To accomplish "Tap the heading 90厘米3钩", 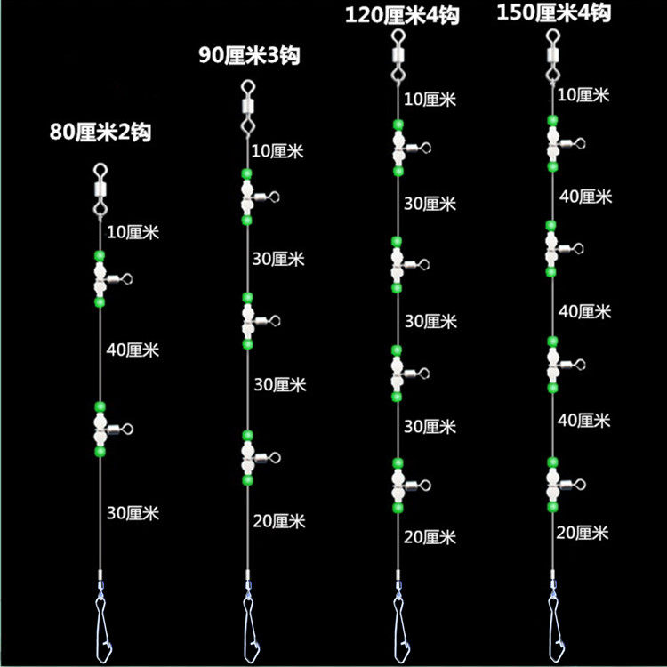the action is (x=249, y=56).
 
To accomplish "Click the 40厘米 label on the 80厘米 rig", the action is (x=133, y=350).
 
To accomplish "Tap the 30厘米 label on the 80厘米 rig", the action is (x=133, y=512).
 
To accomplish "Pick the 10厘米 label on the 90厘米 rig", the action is (x=278, y=151).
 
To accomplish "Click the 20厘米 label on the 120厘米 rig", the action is (x=430, y=537).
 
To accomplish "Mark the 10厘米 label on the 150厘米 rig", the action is (x=584, y=94).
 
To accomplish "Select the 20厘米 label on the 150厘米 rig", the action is (x=582, y=533).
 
